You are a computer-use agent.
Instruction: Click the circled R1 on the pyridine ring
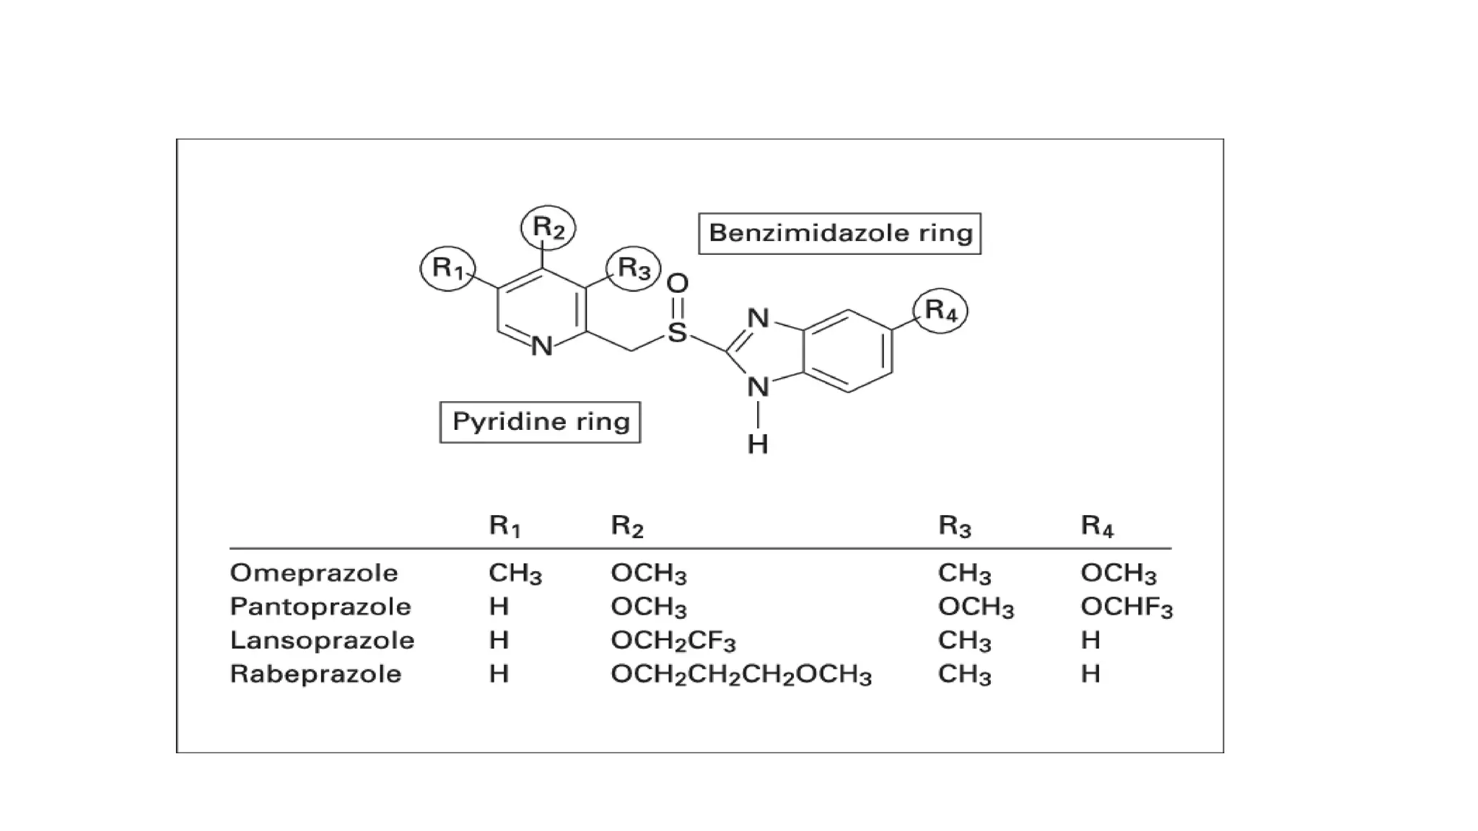(448, 268)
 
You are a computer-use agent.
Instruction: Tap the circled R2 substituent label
(548, 228)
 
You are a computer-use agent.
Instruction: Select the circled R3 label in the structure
(634, 268)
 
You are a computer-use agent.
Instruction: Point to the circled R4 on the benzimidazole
(940, 310)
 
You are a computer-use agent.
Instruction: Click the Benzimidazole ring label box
(840, 233)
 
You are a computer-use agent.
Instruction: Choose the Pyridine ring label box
(541, 422)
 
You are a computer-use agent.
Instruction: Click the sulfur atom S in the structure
(677, 333)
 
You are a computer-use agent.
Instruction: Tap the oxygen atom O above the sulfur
(678, 283)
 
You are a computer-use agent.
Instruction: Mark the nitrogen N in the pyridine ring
(542, 347)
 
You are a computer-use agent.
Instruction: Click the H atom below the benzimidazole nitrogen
(758, 444)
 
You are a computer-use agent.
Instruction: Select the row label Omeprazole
(314, 573)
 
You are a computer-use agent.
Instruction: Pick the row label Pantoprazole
(320, 607)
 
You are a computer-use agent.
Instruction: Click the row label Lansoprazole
(322, 640)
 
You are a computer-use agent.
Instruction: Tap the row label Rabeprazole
(315, 674)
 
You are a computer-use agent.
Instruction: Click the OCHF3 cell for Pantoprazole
(1127, 607)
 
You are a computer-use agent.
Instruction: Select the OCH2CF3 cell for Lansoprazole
(673, 641)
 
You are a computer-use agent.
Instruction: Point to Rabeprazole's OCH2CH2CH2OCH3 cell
(741, 674)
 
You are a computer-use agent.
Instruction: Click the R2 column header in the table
(626, 526)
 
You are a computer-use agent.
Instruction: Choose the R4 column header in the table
(1097, 526)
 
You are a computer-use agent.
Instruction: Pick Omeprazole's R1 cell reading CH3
(515, 573)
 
